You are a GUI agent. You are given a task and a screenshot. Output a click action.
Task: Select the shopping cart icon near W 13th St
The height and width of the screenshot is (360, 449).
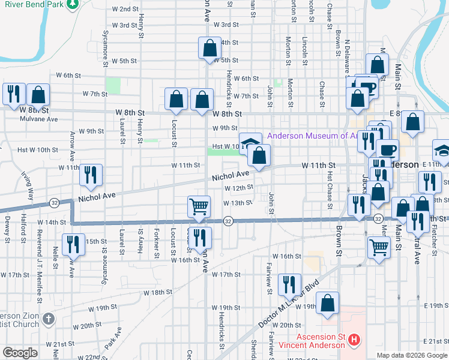(198, 207)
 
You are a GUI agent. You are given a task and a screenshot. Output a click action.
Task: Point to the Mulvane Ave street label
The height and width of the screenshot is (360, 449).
(40, 119)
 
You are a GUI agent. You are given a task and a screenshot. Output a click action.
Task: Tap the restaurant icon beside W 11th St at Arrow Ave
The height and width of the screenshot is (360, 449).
(91, 175)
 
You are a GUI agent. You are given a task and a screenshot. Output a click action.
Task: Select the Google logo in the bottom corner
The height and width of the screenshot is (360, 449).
(20, 353)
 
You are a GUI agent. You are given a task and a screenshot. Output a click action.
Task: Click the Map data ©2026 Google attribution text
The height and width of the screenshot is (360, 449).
(411, 355)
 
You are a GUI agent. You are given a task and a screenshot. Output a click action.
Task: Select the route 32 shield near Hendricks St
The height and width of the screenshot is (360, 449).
(228, 221)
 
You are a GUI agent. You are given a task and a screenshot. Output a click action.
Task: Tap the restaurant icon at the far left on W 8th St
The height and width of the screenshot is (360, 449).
(13, 94)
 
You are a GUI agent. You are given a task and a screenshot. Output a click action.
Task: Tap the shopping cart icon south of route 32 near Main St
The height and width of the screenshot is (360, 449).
(379, 247)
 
